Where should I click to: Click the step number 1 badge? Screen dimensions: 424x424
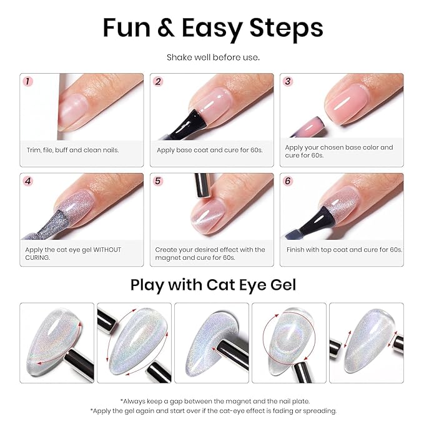point(27,81)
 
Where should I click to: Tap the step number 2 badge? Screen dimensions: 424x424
point(158,81)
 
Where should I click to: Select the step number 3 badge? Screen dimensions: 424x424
point(288,81)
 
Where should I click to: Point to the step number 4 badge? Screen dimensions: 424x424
point(27,181)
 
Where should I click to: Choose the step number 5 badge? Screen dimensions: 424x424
point(158,181)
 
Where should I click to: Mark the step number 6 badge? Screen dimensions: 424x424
point(288,181)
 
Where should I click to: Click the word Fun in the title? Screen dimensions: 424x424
point(125,27)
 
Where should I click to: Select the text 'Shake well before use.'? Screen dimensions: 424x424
point(212,57)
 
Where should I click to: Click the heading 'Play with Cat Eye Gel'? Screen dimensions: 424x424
point(212,285)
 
